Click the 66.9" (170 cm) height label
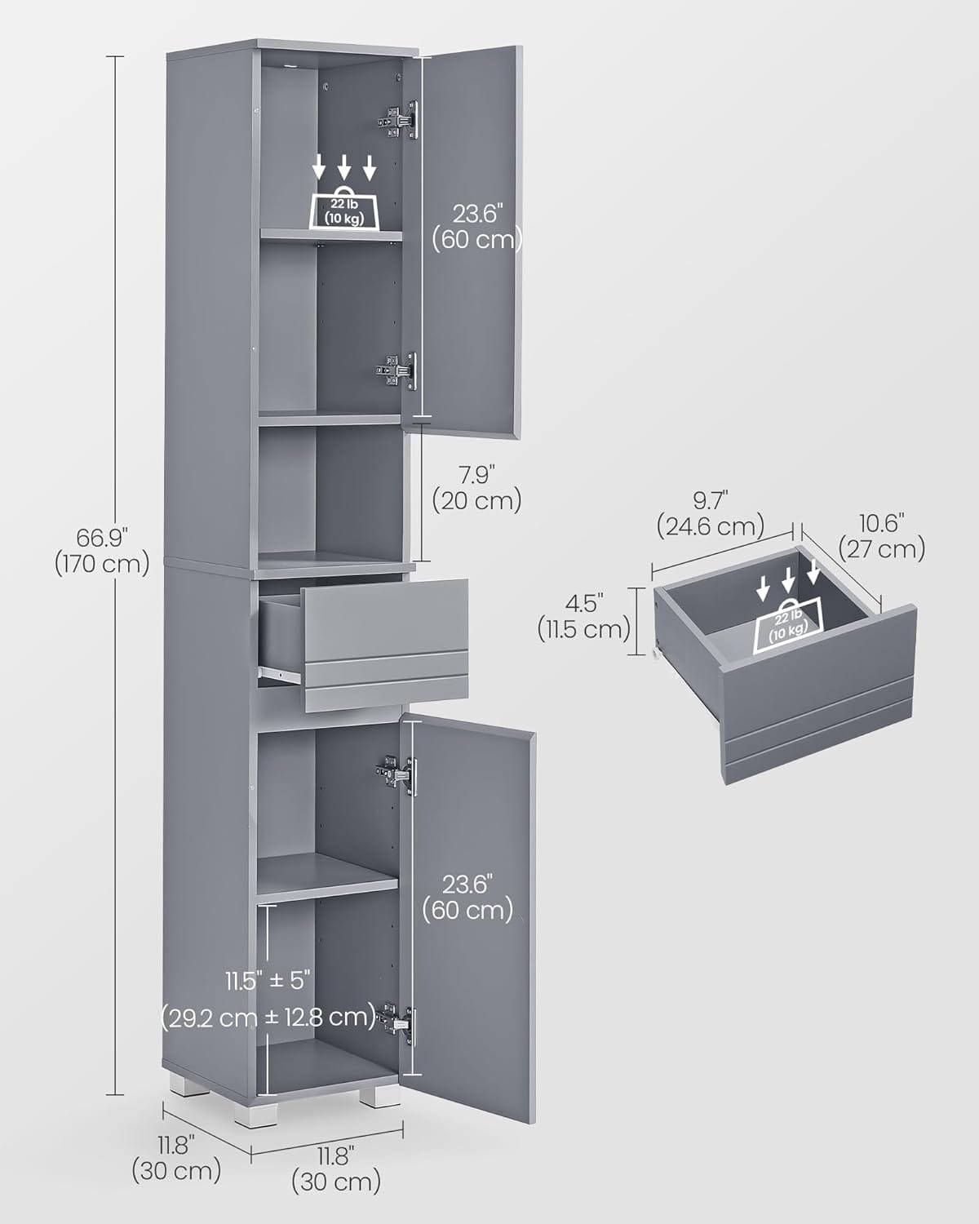tap(103, 552)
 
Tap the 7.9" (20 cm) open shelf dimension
tap(476, 488)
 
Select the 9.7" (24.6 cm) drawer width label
tap(711, 513)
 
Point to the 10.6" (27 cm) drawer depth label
tap(882, 536)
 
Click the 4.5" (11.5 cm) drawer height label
tap(584, 617)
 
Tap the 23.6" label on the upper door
tap(478, 215)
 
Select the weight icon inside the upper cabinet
tap(345, 208)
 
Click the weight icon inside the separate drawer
tap(788, 626)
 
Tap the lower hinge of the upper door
tap(396, 370)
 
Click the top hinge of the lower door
tap(396, 774)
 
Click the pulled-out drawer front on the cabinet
tap(386, 645)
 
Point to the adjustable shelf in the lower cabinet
tap(327, 876)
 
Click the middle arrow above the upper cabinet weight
tap(343, 167)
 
